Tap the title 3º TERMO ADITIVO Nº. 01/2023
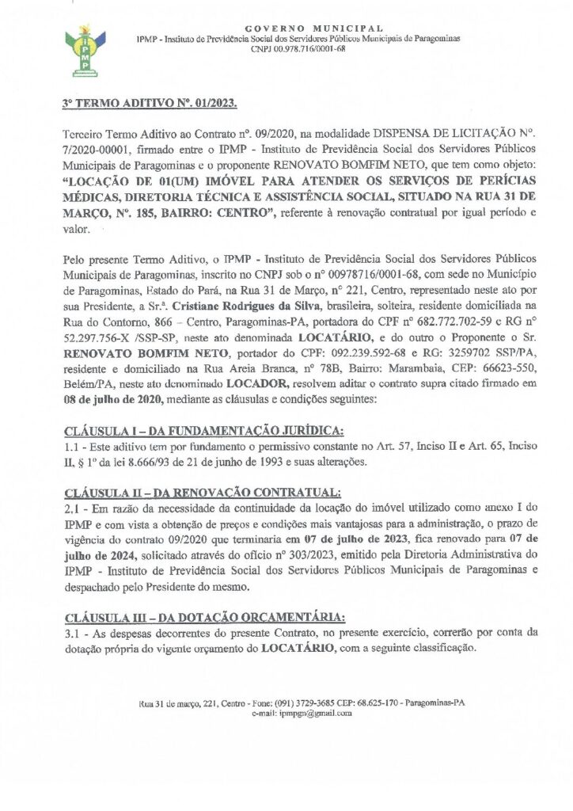pos(149,104)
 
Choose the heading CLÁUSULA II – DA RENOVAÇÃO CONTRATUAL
pos(202,493)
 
